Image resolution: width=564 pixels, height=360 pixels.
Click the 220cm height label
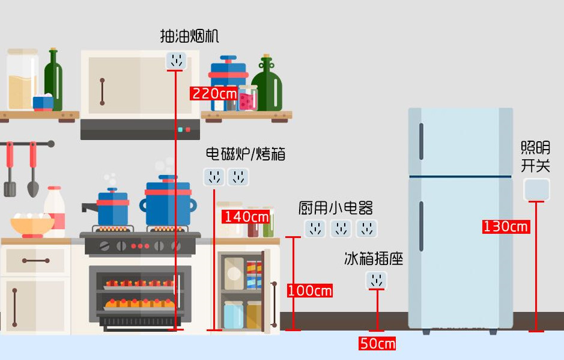coord(214,94)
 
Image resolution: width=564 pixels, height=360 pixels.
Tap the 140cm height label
coord(246,216)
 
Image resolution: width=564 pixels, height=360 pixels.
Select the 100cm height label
coord(309,291)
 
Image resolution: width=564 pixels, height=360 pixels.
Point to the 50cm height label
coord(377,344)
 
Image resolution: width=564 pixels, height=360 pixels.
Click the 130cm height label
coord(506,227)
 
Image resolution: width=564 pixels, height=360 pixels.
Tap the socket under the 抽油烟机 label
coord(176,60)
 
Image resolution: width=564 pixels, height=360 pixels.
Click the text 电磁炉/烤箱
coord(246,154)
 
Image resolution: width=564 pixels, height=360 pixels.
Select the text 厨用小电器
coord(336,209)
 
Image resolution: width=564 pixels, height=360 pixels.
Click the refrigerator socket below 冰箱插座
coord(377,280)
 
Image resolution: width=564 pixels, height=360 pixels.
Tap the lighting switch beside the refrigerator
coord(536,189)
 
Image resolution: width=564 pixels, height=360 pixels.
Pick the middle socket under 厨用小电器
coord(341,228)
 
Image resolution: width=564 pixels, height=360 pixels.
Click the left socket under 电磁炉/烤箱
coord(214,177)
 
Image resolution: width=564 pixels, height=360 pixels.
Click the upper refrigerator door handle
coord(421,142)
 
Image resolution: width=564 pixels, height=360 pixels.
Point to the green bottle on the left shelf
coord(54,78)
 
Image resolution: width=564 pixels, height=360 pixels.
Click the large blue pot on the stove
coord(168,203)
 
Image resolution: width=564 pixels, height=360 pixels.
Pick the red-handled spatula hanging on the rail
coord(10,171)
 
